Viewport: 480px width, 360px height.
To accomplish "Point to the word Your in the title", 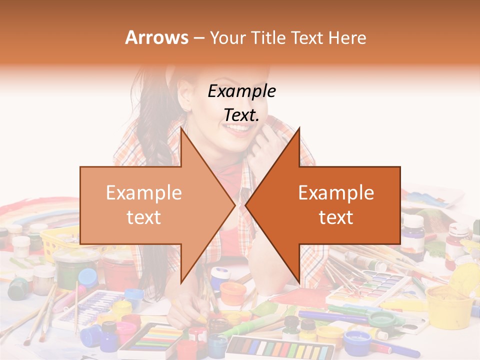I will pyautogui.click(x=227, y=37).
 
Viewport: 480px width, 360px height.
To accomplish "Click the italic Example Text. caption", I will pyautogui.click(x=242, y=103).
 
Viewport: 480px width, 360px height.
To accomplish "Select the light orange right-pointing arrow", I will pyautogui.click(x=150, y=205).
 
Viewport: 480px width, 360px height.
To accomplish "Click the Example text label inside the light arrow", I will pyautogui.click(x=144, y=205).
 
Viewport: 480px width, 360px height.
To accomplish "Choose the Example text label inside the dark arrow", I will pyautogui.click(x=336, y=205).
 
